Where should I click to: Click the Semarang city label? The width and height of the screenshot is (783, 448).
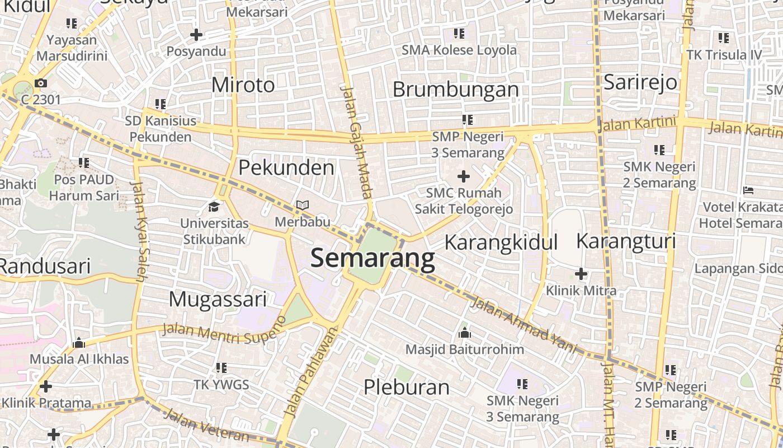coord(372,259)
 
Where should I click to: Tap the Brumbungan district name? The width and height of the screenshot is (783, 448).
coord(456,90)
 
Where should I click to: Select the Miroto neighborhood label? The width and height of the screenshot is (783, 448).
coord(243,85)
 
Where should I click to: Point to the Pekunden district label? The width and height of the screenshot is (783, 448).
coord(286,167)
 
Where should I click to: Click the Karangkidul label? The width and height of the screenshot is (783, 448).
coord(501,242)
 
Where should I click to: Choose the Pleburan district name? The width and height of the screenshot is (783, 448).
coord(407,387)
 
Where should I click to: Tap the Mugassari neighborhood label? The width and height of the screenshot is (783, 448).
coord(218,300)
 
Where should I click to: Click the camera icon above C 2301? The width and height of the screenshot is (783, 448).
coord(40,83)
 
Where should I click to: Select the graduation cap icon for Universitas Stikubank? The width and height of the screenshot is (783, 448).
coord(214,207)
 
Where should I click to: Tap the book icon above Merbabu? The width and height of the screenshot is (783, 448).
coord(303,206)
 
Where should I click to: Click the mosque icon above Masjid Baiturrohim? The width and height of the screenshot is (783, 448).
coord(464,333)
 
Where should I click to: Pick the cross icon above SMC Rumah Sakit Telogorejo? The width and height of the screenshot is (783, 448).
coord(464,176)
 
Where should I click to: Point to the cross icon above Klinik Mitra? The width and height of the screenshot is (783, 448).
coord(581,274)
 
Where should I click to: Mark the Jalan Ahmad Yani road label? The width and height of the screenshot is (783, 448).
coord(523,325)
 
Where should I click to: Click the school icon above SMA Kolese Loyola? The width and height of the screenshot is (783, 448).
coord(459,34)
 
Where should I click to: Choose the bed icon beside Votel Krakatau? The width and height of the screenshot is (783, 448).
coord(748,190)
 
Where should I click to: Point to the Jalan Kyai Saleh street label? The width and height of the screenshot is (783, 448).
coord(140,230)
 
